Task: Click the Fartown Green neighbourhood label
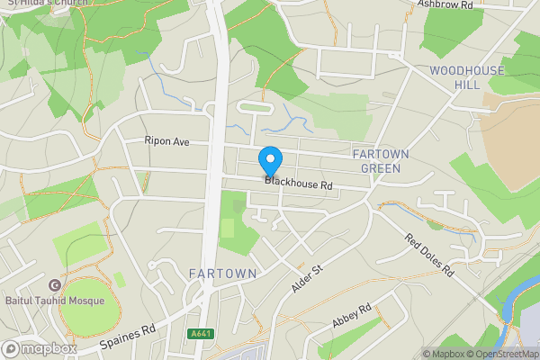381,160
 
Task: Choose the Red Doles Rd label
431,256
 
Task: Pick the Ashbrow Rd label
445,4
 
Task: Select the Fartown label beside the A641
223,273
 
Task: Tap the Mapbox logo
38,348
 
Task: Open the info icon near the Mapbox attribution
417,354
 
